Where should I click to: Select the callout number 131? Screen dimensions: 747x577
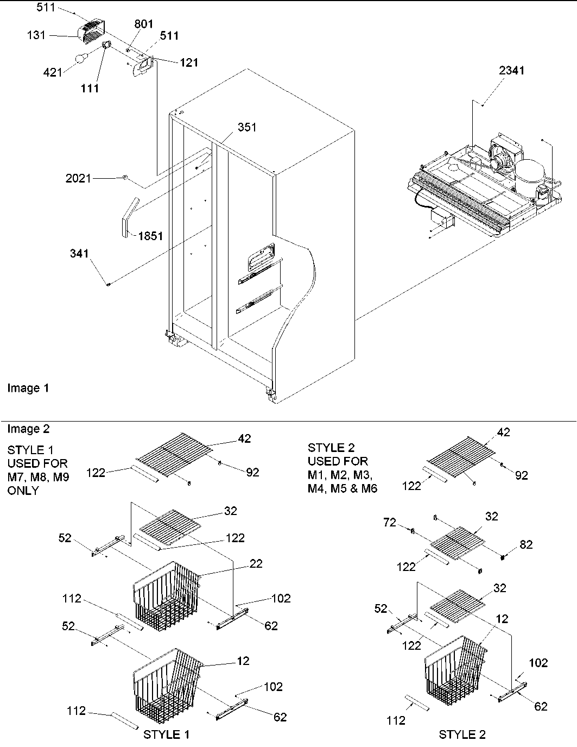[37, 35]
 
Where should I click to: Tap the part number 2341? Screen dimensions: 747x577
[512, 70]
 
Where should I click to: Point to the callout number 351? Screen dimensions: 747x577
[247, 127]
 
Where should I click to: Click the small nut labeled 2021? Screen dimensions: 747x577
[125, 178]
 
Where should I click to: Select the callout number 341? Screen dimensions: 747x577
[79, 254]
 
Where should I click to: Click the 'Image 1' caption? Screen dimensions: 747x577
[28, 388]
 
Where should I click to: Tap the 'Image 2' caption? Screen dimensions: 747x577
[28, 429]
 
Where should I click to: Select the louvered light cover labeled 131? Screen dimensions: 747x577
[92, 32]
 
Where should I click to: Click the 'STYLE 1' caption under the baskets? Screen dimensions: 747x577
[167, 735]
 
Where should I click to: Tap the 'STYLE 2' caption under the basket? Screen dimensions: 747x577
[462, 735]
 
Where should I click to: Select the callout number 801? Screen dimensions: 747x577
[144, 24]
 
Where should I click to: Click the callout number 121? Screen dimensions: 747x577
[188, 62]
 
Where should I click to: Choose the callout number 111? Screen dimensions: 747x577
[90, 88]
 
